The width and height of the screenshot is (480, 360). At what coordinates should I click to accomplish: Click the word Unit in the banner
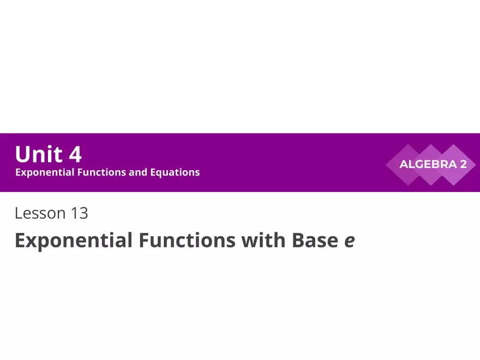coord(39,154)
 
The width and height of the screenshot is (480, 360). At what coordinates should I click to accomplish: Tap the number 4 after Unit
coord(75,154)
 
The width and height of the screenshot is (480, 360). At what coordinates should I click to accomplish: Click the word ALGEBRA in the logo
coord(427,164)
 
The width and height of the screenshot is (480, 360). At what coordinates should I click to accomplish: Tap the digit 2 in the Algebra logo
coord(463,164)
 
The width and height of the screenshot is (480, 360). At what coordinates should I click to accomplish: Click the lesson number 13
coord(79,213)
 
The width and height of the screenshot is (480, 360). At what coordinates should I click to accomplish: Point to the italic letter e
coord(350,242)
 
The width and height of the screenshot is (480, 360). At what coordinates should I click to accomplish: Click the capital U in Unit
coord(22,154)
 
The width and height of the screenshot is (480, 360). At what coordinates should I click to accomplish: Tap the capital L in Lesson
coord(19,213)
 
